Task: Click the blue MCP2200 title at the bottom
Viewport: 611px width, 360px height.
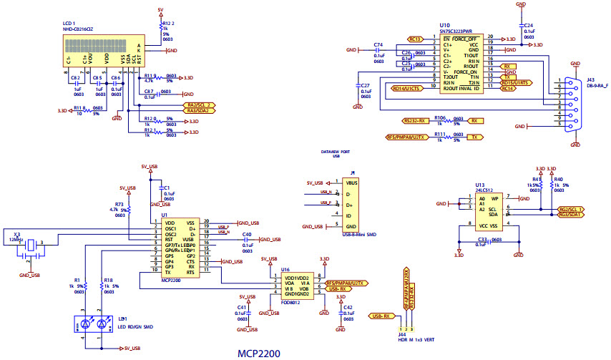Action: [259, 354]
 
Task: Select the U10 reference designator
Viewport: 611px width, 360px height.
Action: [444, 25]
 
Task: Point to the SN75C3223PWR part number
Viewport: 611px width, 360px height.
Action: [457, 31]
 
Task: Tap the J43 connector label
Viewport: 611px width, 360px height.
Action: [590, 79]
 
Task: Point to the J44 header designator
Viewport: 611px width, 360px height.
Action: [401, 334]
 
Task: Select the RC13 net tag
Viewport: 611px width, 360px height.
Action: [415, 38]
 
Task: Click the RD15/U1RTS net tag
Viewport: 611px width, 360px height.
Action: [515, 82]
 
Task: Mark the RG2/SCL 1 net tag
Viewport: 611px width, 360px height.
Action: [570, 209]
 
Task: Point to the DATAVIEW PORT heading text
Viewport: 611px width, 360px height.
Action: [336, 151]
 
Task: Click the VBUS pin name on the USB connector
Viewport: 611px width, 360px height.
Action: [351, 183]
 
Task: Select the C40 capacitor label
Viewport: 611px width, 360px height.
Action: [247, 234]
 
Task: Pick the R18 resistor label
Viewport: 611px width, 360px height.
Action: [108, 280]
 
